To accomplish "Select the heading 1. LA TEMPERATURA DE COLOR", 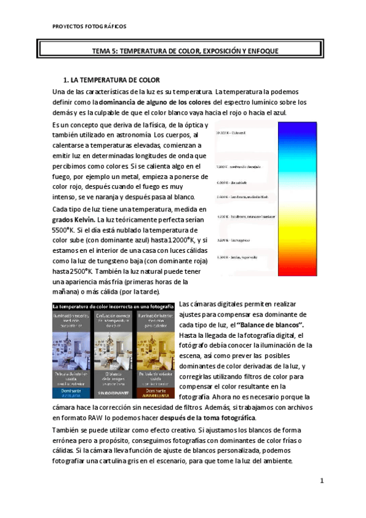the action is tap(112, 80).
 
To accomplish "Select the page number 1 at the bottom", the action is tap(321, 481).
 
